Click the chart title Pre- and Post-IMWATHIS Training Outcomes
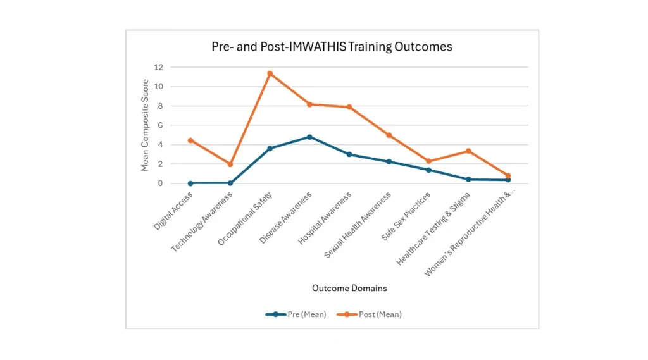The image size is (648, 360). (x=332, y=47)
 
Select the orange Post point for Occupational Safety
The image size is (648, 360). (x=270, y=73)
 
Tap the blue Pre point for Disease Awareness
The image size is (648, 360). (x=309, y=137)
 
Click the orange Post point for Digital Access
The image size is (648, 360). (x=190, y=140)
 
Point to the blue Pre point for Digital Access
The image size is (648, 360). (x=190, y=183)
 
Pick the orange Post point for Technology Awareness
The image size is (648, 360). (x=230, y=164)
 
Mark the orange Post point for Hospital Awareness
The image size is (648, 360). (x=349, y=107)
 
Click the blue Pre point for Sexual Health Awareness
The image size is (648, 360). (x=389, y=161)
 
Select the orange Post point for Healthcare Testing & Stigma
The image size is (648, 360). (x=468, y=151)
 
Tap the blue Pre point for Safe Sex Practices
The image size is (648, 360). (x=428, y=170)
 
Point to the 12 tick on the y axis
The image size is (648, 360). (x=158, y=67)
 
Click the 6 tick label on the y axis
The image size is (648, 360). (x=159, y=125)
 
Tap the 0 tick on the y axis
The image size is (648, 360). (x=159, y=183)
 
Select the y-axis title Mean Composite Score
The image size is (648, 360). (x=146, y=125)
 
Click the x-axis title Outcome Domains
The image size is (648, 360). (x=349, y=288)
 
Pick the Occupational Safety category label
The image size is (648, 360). (x=245, y=218)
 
